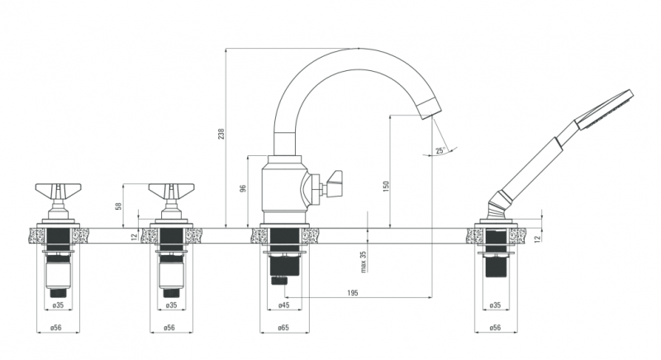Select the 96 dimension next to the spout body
point(243,189)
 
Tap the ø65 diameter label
point(283,328)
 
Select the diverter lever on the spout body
point(333,181)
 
